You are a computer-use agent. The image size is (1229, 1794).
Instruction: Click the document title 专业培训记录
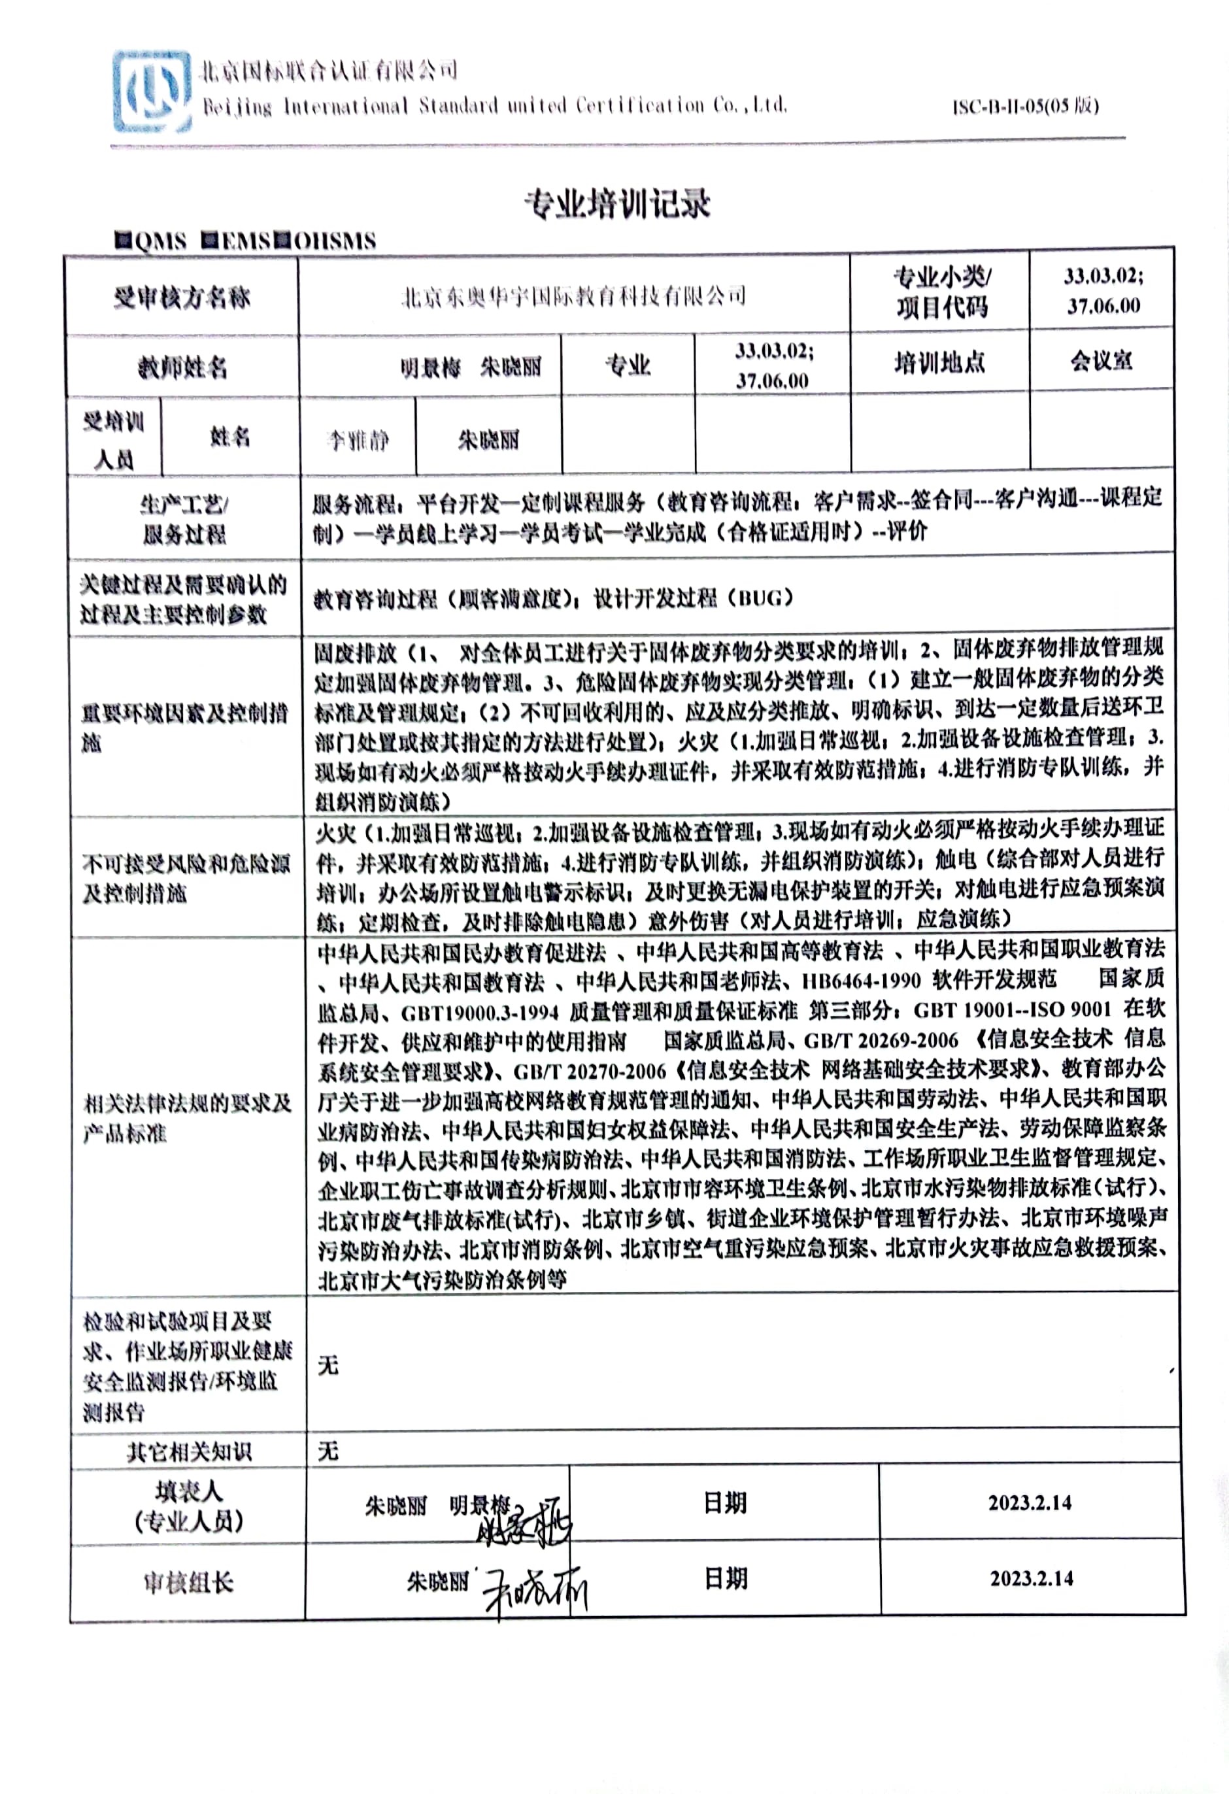617,205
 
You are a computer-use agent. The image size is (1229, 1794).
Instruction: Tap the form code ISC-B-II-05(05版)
1024,107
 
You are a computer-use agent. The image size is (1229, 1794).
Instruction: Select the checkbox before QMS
123,240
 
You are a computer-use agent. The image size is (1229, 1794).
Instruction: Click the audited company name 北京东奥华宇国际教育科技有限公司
573,296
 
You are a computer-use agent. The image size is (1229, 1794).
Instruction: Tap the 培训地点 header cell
939,362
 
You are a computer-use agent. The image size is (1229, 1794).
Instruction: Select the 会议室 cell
1101,360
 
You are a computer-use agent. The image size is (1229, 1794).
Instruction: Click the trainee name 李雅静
358,441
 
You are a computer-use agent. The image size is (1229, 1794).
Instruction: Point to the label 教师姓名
182,367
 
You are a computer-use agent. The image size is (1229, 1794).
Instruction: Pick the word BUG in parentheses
760,598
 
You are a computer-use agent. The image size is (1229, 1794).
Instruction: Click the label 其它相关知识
189,1452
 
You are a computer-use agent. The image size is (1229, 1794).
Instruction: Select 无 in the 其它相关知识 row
328,1451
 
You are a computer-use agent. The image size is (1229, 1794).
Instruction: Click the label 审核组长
188,1582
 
